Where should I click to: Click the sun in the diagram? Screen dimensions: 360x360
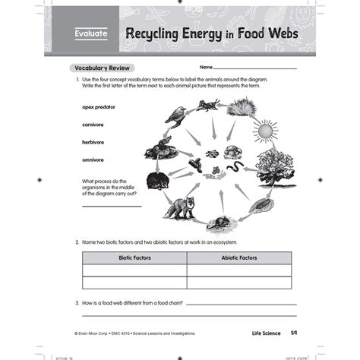[x=264, y=131]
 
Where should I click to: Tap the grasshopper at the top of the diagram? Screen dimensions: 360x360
[x=208, y=106]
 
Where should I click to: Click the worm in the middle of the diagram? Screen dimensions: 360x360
[x=237, y=165]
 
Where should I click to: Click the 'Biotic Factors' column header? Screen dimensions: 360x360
[x=134, y=258]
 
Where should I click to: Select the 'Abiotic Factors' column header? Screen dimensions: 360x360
[x=238, y=258]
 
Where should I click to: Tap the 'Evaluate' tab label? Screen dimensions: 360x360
[x=92, y=33]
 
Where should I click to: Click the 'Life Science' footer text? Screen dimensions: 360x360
[x=267, y=333]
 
